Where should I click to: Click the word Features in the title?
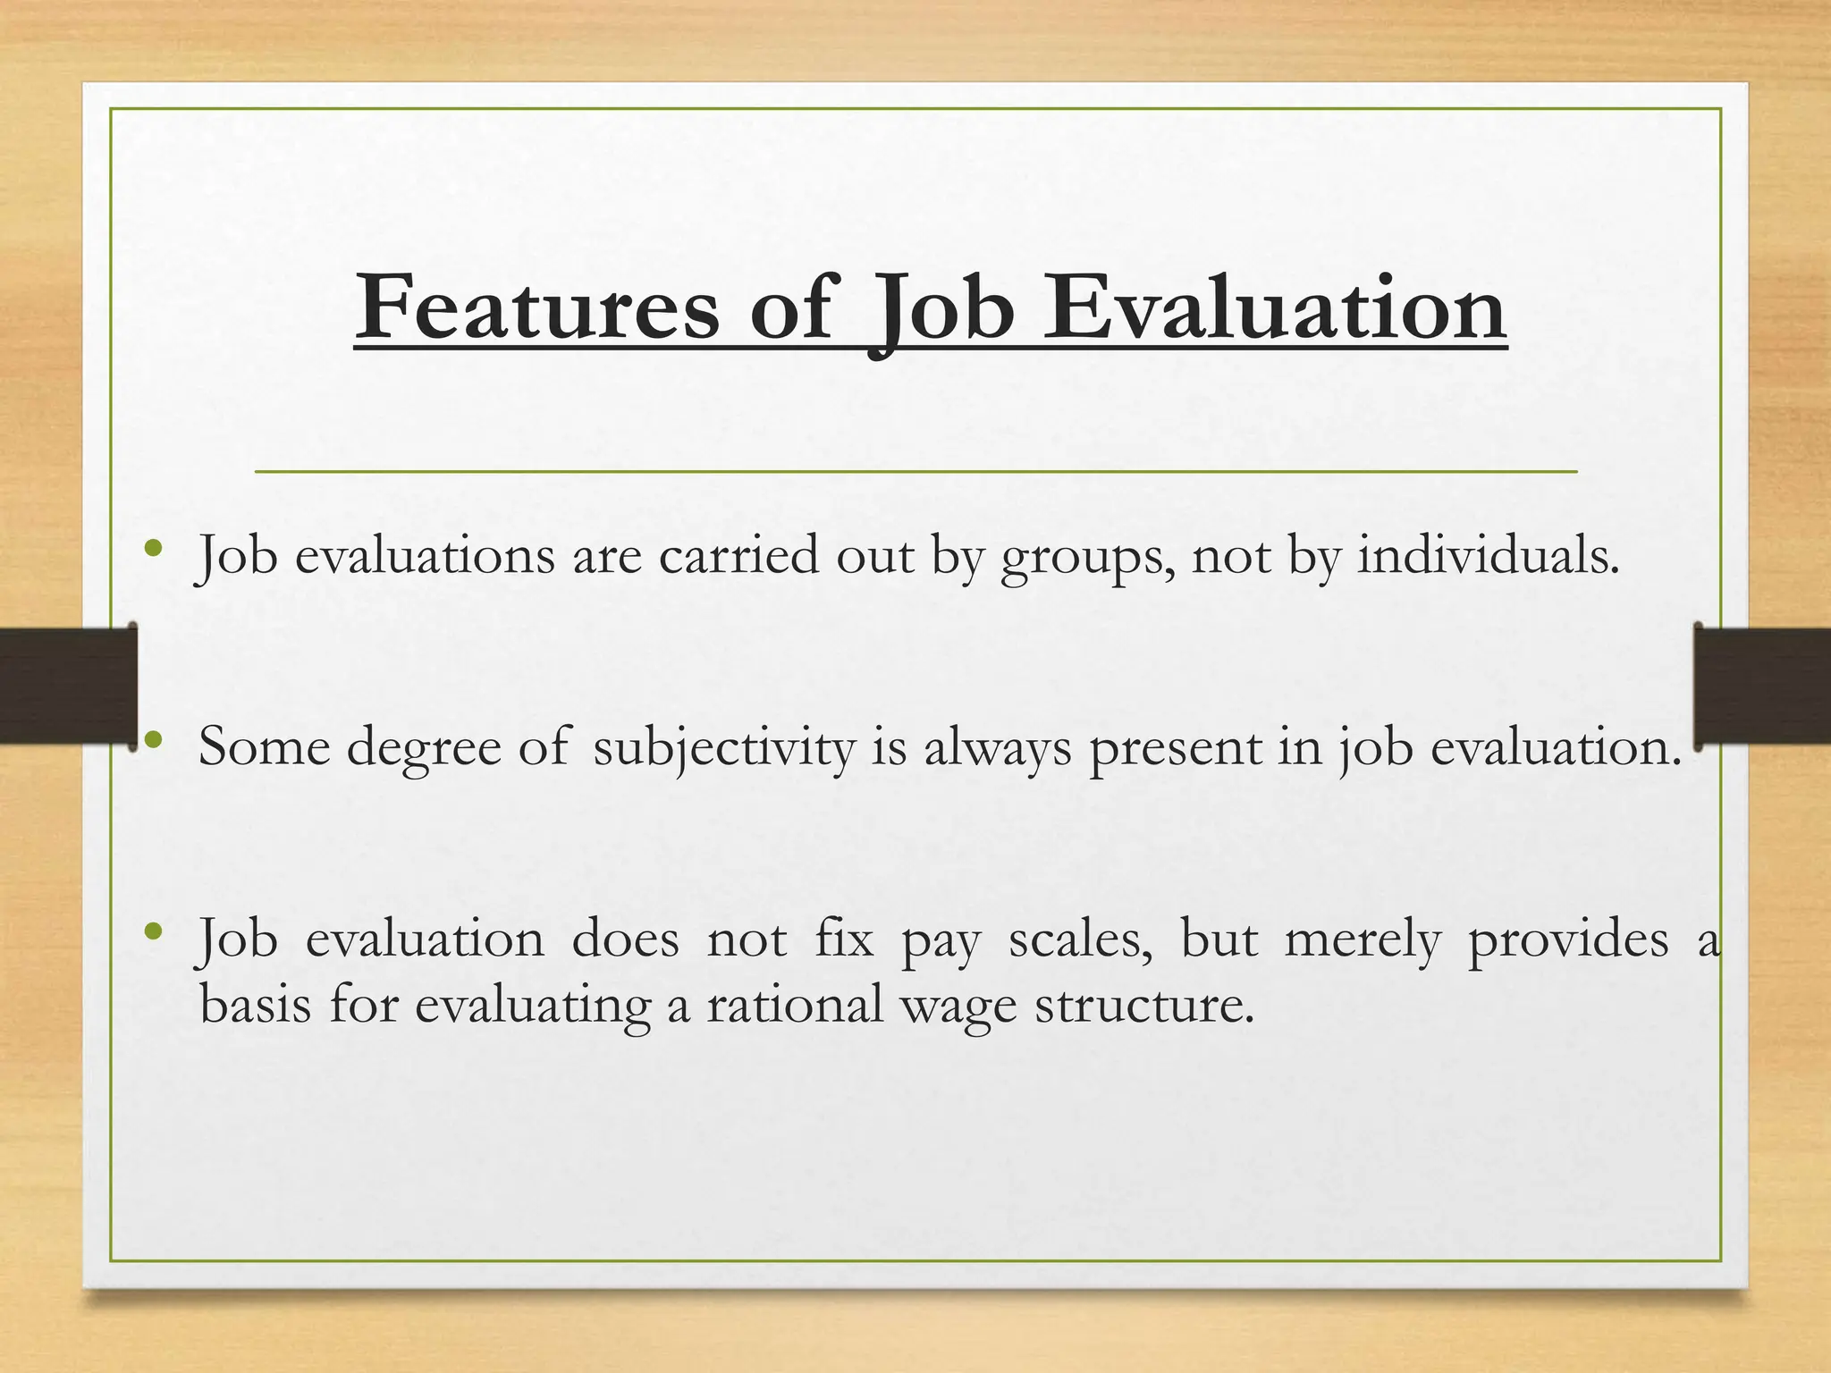click(536, 308)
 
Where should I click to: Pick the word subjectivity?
click(724, 749)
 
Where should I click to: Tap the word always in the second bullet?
click(997, 749)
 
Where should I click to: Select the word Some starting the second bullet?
click(264, 747)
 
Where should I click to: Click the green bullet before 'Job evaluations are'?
click(154, 548)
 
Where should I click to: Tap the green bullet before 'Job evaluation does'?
click(154, 931)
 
